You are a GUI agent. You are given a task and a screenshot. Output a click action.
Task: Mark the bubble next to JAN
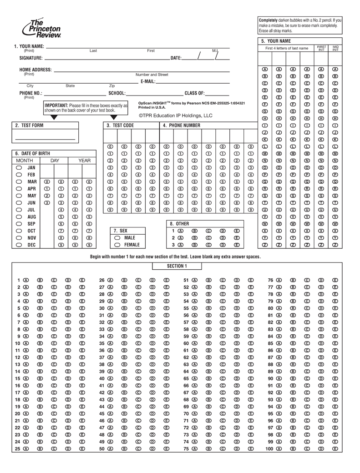pyautogui.click(x=19, y=168)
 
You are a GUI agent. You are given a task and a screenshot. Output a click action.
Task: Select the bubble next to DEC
pyautogui.click(x=19, y=245)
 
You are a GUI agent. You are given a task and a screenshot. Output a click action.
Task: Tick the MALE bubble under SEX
pyautogui.click(x=117, y=238)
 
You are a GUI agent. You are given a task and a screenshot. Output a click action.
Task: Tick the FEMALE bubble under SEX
pyautogui.click(x=117, y=245)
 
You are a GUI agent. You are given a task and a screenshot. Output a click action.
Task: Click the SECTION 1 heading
pyautogui.click(x=177, y=266)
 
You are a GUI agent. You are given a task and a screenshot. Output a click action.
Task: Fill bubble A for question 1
pyautogui.click(x=26, y=281)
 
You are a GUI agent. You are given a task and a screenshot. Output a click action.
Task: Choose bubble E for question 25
pyautogui.click(x=82, y=449)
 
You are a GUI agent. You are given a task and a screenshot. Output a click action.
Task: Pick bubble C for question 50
pyautogui.click(x=138, y=449)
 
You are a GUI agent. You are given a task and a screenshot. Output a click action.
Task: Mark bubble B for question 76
pyautogui.click(x=293, y=281)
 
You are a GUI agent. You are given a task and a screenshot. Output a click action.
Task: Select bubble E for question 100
pyautogui.click(x=335, y=449)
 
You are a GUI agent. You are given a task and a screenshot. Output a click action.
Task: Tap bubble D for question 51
pyautogui.click(x=237, y=281)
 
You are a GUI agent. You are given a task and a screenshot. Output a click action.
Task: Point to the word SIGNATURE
pyautogui.click(x=31, y=58)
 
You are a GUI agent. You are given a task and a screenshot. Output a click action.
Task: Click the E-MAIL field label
pyautogui.click(x=148, y=81)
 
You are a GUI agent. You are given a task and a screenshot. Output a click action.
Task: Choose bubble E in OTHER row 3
pyautogui.click(x=237, y=245)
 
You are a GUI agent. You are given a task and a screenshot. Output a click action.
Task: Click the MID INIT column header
pyautogui.click(x=335, y=48)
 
